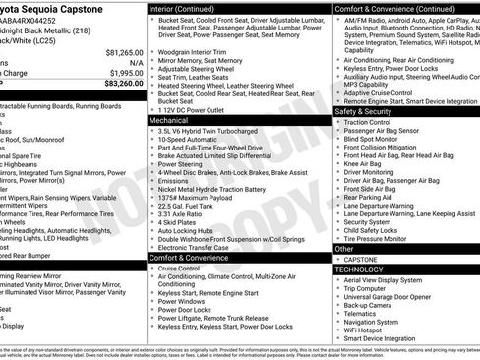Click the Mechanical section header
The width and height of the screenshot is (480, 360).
click(x=171, y=120)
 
